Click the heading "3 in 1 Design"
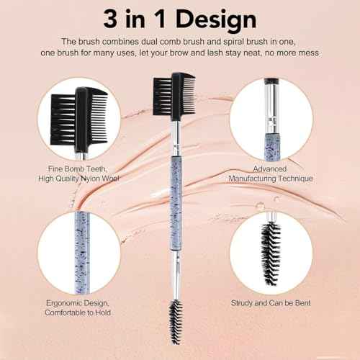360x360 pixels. pyautogui.click(x=180, y=18)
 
